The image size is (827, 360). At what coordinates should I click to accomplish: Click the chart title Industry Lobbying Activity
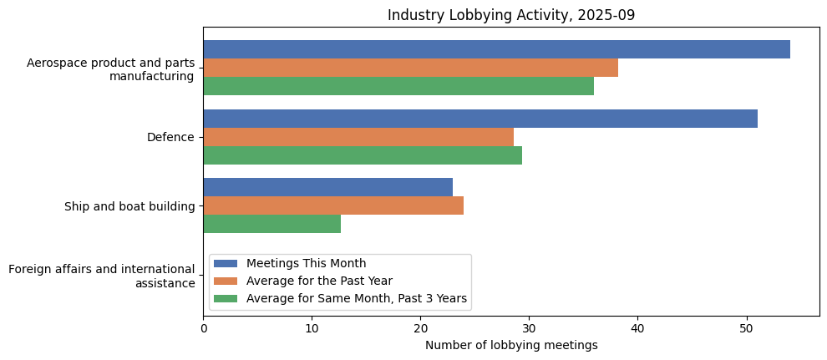(x=510, y=15)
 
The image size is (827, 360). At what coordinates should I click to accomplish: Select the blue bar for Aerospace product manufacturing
(x=496, y=49)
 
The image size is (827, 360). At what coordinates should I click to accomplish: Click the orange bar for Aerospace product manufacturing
(x=410, y=68)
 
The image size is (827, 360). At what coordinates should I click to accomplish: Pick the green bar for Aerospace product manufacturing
(x=398, y=86)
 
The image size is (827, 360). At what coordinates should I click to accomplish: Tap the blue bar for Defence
(x=480, y=119)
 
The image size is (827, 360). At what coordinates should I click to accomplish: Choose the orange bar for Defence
(x=358, y=137)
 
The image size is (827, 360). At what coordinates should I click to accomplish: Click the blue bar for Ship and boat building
(x=327, y=187)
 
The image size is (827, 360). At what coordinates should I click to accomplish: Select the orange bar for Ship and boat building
(x=333, y=205)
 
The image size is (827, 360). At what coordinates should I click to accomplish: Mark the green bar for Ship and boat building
(x=271, y=224)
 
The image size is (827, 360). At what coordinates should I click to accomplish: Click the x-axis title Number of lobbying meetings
(x=511, y=345)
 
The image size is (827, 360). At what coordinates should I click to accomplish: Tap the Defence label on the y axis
(x=170, y=137)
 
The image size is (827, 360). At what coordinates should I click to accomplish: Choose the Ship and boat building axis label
(x=129, y=206)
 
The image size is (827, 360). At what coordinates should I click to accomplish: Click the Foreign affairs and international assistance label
(x=101, y=276)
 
